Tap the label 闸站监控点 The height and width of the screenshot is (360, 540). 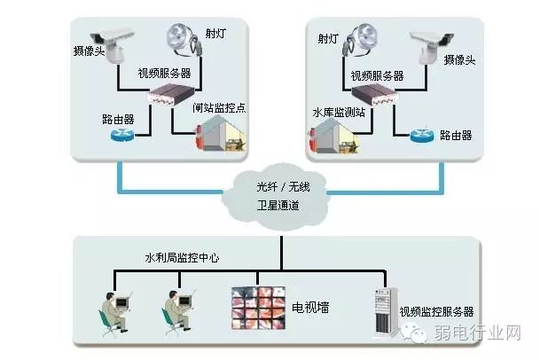click(219, 108)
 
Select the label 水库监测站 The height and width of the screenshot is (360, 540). click(339, 113)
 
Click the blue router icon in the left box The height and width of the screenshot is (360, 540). click(122, 135)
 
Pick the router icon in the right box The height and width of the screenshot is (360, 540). click(422, 136)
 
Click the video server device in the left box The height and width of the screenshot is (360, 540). click(171, 94)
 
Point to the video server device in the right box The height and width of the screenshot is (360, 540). click(373, 95)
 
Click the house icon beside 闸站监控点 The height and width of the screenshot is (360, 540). click(221, 134)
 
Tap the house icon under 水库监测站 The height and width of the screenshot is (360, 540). click(333, 137)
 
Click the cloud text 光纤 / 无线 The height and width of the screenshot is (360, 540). click(283, 187)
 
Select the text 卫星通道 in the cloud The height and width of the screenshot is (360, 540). click(278, 206)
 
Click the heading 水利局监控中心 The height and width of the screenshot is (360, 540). click(182, 258)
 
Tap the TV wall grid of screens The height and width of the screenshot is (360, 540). click(258, 308)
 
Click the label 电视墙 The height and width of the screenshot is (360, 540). click(310, 308)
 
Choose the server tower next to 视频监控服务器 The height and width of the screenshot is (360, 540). click(386, 312)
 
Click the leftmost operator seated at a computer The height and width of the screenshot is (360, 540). click(115, 313)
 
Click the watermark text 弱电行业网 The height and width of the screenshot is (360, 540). click(477, 333)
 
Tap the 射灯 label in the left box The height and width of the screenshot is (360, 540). click(215, 34)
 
